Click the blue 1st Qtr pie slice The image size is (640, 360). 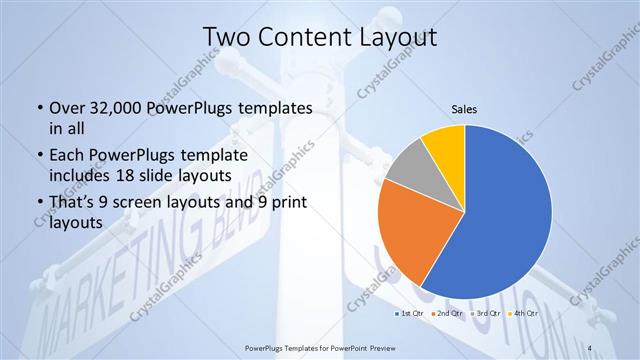coord(505,220)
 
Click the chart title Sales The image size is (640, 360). coord(464,107)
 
